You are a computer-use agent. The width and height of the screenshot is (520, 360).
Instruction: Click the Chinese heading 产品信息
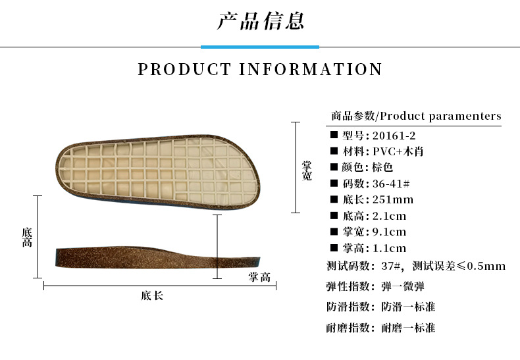point(260,21)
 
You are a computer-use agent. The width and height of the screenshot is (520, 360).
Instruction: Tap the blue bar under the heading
point(260,47)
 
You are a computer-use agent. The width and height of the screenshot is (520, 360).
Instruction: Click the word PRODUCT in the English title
point(185,69)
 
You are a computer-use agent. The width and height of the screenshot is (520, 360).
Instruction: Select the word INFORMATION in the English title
point(311,69)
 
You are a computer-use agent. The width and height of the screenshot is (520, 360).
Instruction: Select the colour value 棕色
point(383,167)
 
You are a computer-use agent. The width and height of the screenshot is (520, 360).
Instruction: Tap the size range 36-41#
point(388,184)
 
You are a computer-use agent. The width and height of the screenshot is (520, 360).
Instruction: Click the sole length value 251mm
point(393,199)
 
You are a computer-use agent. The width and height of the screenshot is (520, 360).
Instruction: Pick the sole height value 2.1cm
point(390,216)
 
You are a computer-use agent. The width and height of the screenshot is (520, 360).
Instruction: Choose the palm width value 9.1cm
point(390,232)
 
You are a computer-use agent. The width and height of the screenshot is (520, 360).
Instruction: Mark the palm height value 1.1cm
point(390,248)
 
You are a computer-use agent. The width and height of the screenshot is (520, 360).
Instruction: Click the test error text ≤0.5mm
point(481,266)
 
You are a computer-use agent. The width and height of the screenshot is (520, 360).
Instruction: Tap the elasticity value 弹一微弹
point(403,286)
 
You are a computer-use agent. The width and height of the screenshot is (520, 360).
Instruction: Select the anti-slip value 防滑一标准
point(408,307)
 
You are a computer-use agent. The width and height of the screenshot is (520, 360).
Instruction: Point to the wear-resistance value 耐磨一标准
point(408,328)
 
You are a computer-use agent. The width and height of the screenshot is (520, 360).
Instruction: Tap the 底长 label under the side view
point(152,296)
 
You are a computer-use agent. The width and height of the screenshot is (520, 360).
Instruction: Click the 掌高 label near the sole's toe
point(259,277)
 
